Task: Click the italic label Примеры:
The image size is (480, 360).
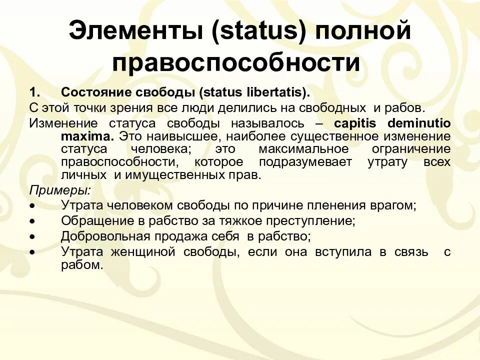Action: pyautogui.click(x=60, y=190)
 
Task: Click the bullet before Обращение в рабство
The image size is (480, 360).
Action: pyautogui.click(x=32, y=220)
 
